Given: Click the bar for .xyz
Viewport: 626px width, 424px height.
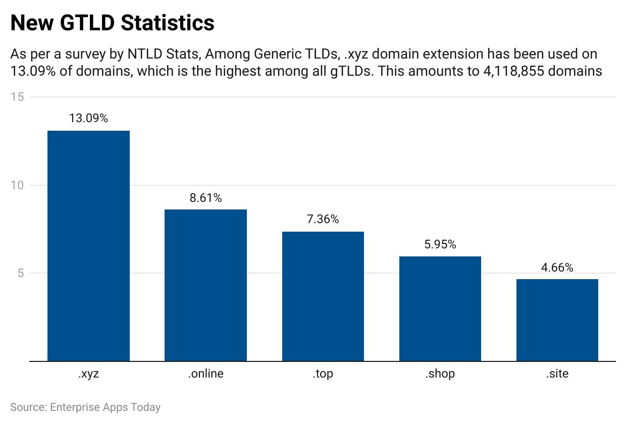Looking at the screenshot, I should pyautogui.click(x=88, y=246).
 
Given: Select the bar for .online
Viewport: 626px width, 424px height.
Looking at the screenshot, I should pyautogui.click(x=205, y=285).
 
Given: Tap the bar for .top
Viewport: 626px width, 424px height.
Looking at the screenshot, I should pyautogui.click(x=323, y=296).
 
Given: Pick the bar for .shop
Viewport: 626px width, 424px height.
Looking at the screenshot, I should pyautogui.click(x=440, y=308).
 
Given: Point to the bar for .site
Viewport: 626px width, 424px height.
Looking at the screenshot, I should pyautogui.click(x=557, y=320).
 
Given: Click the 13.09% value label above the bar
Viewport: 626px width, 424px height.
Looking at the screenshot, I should pyautogui.click(x=88, y=119).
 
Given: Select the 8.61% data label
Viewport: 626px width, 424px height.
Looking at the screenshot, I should pyautogui.click(x=205, y=198).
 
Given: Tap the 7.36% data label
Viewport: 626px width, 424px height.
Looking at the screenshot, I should pyautogui.click(x=323, y=220).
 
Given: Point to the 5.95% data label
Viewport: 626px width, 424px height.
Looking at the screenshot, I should pyautogui.click(x=440, y=245).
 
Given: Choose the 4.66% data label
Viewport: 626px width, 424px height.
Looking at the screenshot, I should pyautogui.click(x=557, y=268).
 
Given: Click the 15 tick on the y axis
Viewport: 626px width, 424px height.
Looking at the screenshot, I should pyautogui.click(x=17, y=97).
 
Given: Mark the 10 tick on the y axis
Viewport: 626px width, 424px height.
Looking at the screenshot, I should pyautogui.click(x=17, y=185).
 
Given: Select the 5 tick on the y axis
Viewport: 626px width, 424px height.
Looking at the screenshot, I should pyautogui.click(x=20, y=274).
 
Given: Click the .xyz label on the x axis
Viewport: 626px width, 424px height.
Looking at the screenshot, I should pyautogui.click(x=88, y=374).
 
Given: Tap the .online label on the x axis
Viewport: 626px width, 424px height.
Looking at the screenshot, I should pyautogui.click(x=205, y=374).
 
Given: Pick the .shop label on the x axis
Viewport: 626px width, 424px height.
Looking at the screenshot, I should pyautogui.click(x=440, y=374).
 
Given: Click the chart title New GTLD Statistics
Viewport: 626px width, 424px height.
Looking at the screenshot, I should pyautogui.click(x=112, y=23).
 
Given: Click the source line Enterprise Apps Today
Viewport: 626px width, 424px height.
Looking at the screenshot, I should pyautogui.click(x=85, y=407).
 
